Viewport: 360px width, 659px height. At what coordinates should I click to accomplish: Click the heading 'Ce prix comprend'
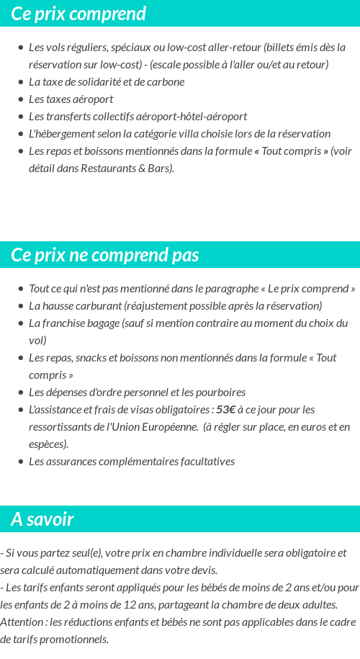[x=78, y=14]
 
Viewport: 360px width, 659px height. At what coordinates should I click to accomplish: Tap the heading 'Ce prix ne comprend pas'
[x=105, y=256]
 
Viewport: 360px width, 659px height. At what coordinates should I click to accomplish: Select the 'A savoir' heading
[x=42, y=519]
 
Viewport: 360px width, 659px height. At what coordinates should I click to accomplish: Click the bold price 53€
[x=225, y=410]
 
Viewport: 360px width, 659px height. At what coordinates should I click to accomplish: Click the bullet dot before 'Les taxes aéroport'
[x=21, y=99]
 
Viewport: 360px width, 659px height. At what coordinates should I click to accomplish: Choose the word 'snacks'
[x=94, y=358]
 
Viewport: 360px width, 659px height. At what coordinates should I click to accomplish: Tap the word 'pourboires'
[x=220, y=393]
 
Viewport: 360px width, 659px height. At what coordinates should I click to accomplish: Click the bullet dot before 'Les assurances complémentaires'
[x=21, y=462]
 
